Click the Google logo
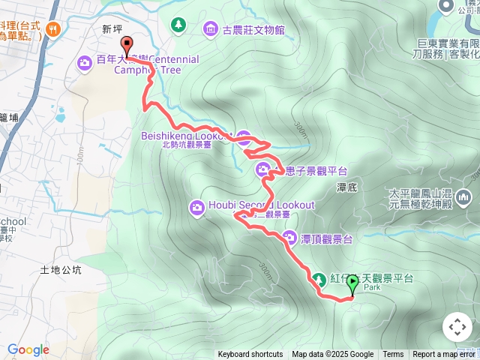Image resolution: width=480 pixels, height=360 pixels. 28,349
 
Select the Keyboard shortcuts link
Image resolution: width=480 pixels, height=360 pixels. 250,355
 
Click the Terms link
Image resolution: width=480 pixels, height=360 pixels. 393,355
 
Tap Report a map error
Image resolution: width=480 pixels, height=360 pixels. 445,355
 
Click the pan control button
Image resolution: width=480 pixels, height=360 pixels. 457,327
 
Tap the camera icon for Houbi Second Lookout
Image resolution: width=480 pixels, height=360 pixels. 196,205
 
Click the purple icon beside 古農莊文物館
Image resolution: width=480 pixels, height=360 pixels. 210,30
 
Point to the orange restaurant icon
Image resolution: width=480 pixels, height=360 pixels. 52,30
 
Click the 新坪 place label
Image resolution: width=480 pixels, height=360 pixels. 111,29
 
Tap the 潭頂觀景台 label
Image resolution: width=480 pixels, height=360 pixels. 326,238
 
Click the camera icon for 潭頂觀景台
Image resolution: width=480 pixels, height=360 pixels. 289,238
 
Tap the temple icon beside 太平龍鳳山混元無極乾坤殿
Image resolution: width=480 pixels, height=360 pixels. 465,197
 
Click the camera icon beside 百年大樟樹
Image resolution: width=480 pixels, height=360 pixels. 85,61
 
